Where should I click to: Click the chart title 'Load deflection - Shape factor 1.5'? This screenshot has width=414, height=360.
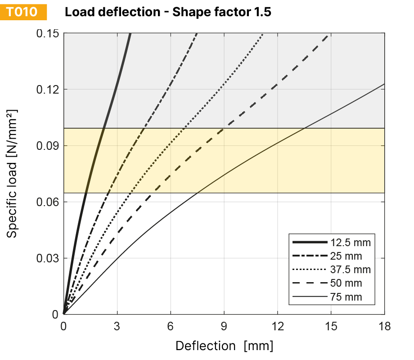168,12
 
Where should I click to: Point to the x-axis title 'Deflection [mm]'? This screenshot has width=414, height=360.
224,346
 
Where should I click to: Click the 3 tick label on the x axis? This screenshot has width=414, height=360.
117,326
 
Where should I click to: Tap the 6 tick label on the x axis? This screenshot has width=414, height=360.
171,326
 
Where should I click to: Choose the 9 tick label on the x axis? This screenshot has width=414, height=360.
224,326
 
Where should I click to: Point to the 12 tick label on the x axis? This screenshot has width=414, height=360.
278,326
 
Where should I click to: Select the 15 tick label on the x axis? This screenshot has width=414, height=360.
331,326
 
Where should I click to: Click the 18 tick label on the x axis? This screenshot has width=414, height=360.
384,326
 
